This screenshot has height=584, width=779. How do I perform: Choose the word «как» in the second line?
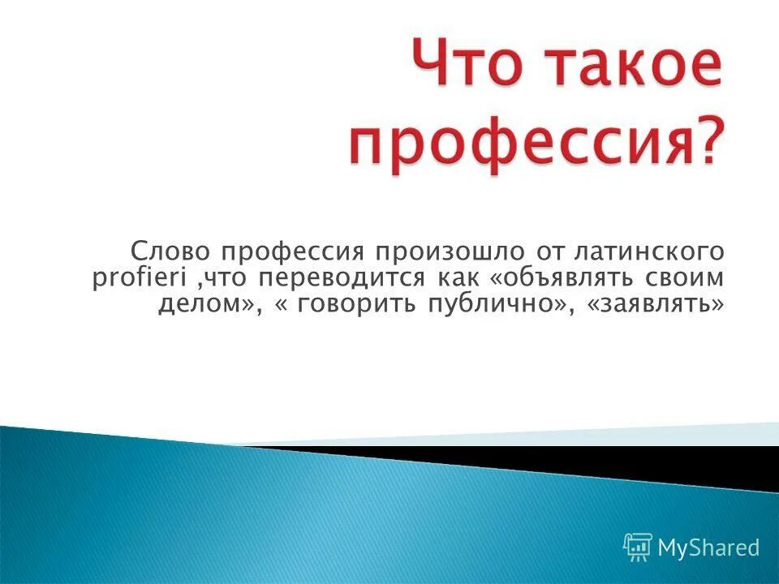tap(458, 277)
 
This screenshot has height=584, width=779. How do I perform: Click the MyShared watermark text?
tap(708, 547)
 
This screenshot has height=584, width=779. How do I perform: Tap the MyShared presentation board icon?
tap(638, 547)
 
